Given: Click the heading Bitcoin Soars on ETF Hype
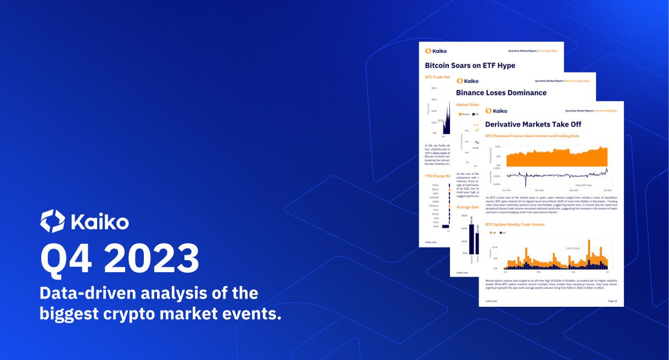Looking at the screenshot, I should (x=470, y=65).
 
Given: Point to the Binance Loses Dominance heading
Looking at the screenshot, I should (x=501, y=93).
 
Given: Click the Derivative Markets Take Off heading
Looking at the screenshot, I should (x=533, y=125).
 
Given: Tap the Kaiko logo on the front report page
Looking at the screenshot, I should (x=496, y=110).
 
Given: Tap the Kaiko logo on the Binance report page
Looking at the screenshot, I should (x=467, y=81).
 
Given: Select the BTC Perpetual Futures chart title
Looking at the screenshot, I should (x=532, y=136).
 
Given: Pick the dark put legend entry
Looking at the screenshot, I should (x=502, y=233).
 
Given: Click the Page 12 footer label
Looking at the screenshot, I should (x=612, y=301).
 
